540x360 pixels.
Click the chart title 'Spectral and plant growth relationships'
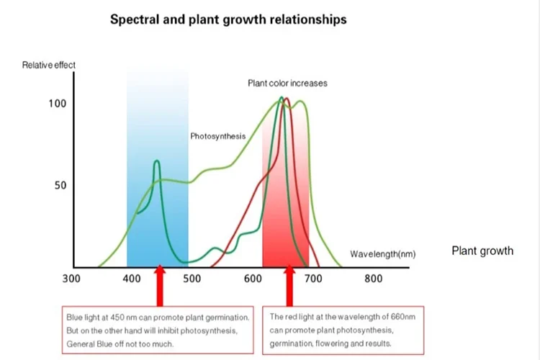pyautogui.click(x=228, y=19)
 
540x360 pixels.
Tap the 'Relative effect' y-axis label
pyautogui.click(x=49, y=66)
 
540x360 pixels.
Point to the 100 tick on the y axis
pyautogui.click(x=57, y=104)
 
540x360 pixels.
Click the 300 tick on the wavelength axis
pyautogui.click(x=71, y=279)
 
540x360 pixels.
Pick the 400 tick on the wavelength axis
pyautogui.click(x=132, y=279)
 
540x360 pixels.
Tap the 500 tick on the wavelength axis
pyautogui.click(x=192, y=279)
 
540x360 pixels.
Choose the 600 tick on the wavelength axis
pyautogui.click(x=253, y=279)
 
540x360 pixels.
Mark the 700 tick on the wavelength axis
pyautogui.click(x=313, y=279)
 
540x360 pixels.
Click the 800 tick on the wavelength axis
pyautogui.click(x=373, y=279)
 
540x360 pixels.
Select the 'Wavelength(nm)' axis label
pyautogui.click(x=382, y=254)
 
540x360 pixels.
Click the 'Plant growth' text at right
pyautogui.click(x=482, y=251)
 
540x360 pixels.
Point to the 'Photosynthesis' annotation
pyautogui.click(x=218, y=136)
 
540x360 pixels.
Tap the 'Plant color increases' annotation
pyautogui.click(x=287, y=84)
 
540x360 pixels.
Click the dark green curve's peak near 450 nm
pyautogui.click(x=156, y=162)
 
